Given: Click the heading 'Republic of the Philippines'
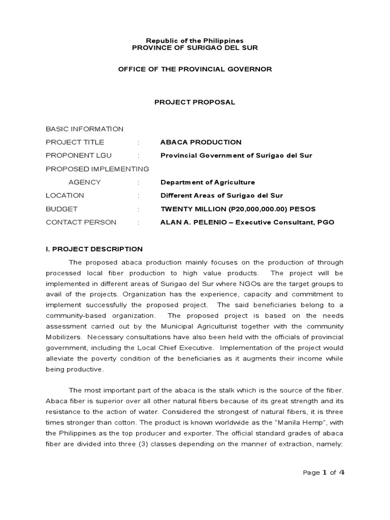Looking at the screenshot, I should [195, 40].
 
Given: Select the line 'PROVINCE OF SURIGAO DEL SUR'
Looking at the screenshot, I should [195, 48].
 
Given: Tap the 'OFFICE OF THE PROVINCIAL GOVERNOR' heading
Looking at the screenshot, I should [195, 69].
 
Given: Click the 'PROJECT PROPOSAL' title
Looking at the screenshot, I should [195, 102].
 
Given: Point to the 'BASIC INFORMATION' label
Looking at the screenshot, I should [84, 129].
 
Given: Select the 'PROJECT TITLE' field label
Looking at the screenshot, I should [75, 142].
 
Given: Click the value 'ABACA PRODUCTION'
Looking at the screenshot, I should [201, 142].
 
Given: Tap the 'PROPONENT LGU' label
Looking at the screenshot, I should [79, 155].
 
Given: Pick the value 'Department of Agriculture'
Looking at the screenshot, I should [208, 182].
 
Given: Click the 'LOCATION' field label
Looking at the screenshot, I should [65, 196].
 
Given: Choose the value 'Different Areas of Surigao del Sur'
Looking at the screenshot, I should [221, 196].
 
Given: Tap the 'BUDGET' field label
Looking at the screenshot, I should [61, 209].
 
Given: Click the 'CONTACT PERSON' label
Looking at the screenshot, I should [81, 222].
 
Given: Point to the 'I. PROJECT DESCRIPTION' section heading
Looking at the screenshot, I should [94, 249].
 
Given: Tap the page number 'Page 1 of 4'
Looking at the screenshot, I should [323, 472].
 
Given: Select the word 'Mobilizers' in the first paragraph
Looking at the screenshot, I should [64, 337].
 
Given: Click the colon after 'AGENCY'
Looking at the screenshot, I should [138, 182].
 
